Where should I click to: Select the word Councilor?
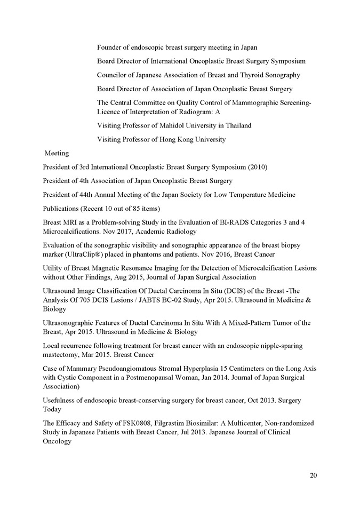tap(113, 75)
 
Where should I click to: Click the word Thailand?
tap(235, 125)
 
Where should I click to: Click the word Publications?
tap(63, 209)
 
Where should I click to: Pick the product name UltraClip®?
tap(83, 254)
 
